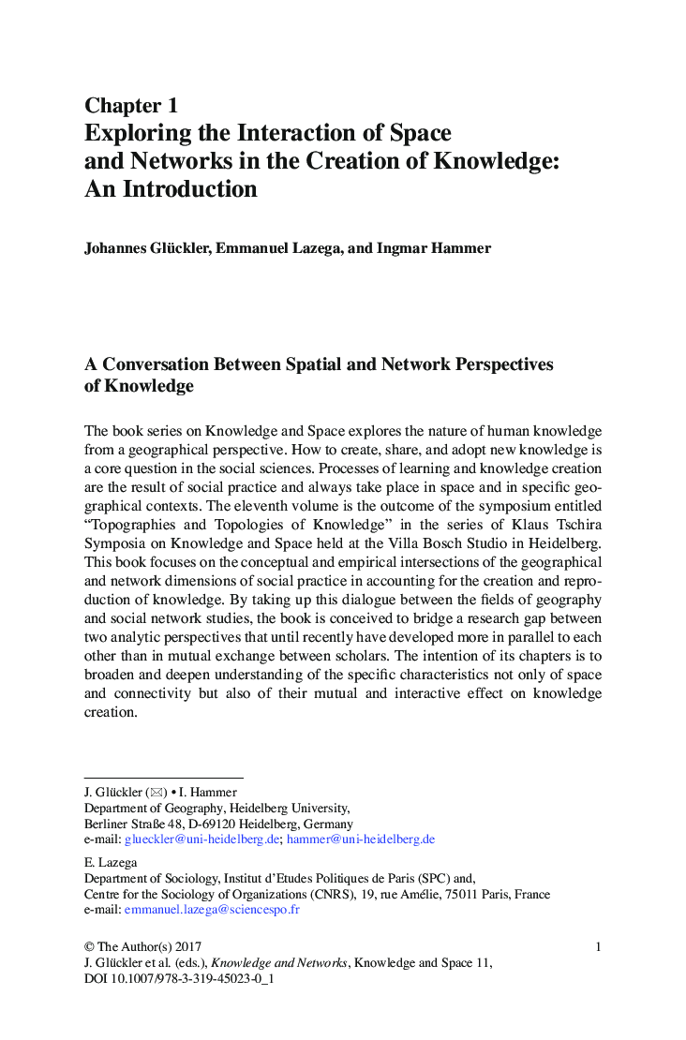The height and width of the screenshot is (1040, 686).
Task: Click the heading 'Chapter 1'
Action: pyautogui.click(x=131, y=105)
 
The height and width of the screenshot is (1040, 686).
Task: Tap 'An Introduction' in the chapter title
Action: pyautogui.click(x=171, y=189)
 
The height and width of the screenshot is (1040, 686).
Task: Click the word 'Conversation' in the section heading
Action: pyautogui.click(x=155, y=364)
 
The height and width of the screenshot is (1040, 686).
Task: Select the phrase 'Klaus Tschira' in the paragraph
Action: pyautogui.click(x=558, y=525)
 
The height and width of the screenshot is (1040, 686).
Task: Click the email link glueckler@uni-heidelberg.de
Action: pyautogui.click(x=201, y=839)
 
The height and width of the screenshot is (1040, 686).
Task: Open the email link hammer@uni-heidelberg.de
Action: pyautogui.click(x=361, y=839)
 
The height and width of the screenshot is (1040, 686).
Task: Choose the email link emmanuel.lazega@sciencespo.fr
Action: pyautogui.click(x=212, y=910)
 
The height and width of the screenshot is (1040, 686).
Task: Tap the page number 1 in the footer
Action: pyautogui.click(x=598, y=947)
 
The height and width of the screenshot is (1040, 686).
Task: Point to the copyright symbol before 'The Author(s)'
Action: pyautogui.click(x=89, y=947)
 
